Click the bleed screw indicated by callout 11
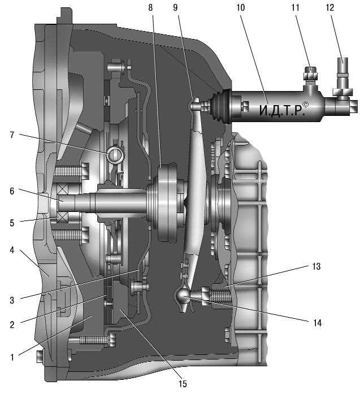point(310,75)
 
